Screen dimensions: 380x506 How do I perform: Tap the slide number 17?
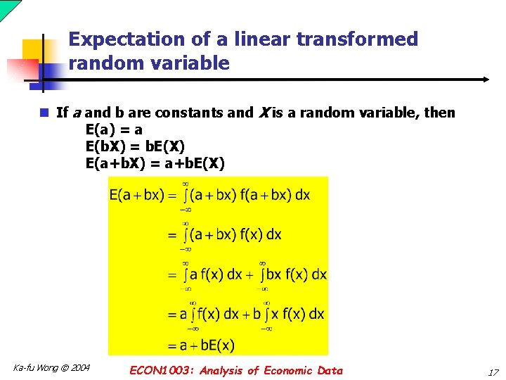493,372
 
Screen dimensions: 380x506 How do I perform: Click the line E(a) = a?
114,129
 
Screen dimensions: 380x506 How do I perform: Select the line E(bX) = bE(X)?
135,146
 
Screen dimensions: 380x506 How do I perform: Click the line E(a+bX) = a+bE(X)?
155,164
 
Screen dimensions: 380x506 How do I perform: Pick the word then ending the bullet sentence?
439,113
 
